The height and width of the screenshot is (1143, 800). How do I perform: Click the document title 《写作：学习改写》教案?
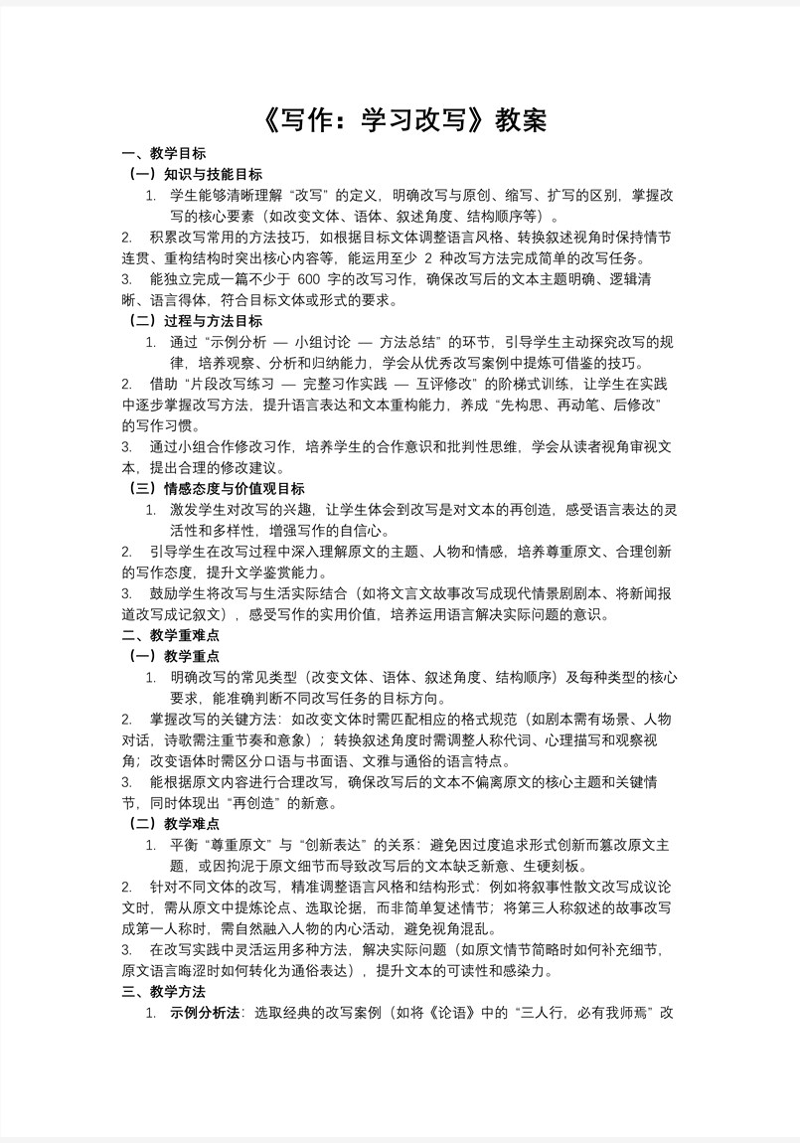[400, 120]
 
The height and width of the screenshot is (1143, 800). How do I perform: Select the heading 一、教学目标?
[163, 153]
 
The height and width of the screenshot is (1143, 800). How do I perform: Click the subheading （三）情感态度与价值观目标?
[217, 488]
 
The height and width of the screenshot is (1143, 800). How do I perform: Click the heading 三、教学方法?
[163, 991]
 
